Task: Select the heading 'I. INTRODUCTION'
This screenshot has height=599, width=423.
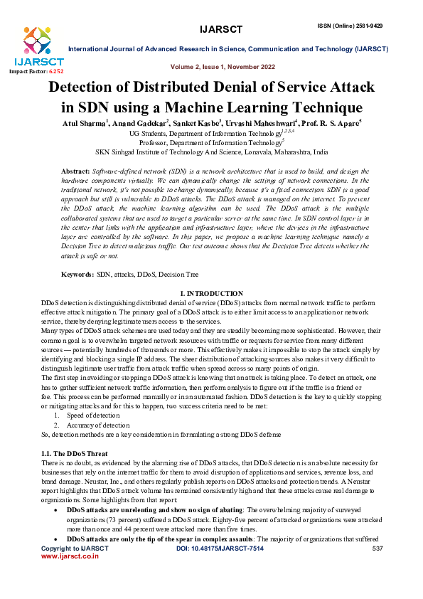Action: pos(211,274)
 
